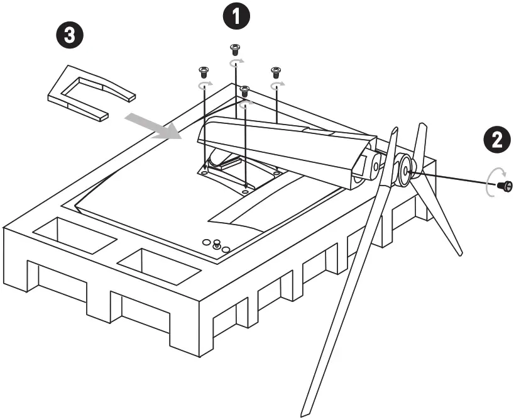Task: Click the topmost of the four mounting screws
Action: pos(235,48)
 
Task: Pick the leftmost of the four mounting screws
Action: pos(203,71)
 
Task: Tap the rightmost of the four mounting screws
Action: pos(275,71)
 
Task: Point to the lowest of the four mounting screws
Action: pos(245,91)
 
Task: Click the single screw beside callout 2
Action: pos(504,186)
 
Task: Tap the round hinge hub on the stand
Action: pos(402,169)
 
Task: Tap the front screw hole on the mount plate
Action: pos(244,191)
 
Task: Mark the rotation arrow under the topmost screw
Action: pos(236,62)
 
